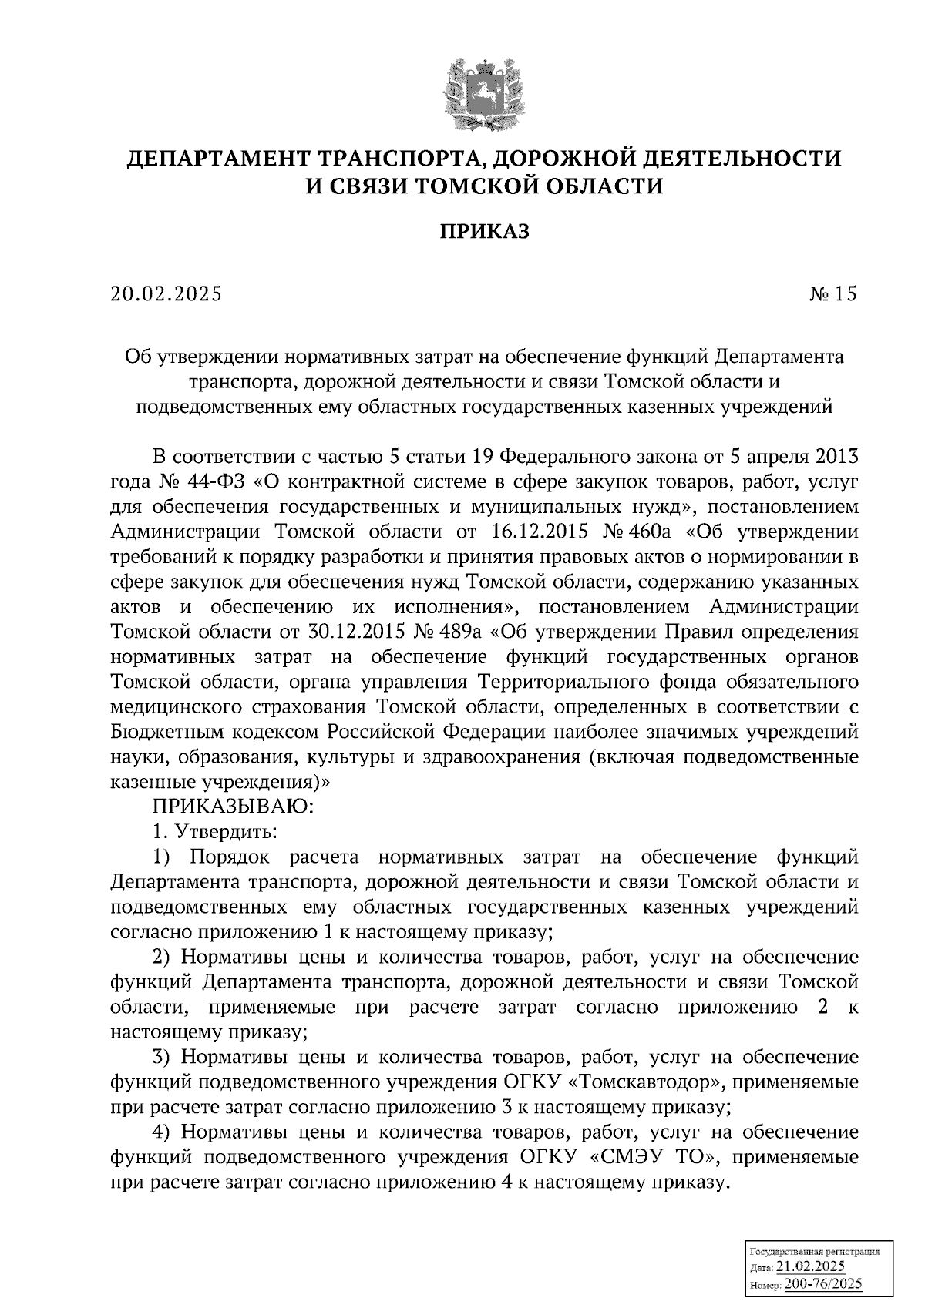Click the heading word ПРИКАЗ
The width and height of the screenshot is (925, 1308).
(484, 232)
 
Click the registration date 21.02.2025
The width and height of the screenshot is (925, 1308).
(810, 1268)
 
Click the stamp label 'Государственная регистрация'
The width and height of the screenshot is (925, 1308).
(814, 1253)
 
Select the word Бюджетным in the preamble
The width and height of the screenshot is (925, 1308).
(164, 732)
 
